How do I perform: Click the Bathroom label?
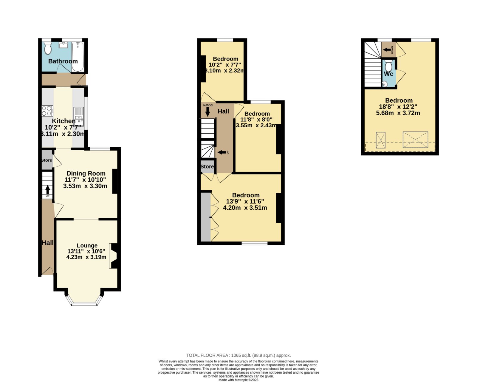[63, 61]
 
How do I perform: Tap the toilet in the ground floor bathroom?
[48, 48]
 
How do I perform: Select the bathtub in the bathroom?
[78, 57]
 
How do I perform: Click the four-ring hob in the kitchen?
[47, 111]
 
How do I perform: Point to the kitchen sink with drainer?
[79, 117]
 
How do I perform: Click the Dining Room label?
[86, 173]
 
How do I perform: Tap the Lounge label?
[87, 245]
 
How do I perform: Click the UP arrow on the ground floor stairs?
[47, 190]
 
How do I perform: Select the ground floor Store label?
[47, 160]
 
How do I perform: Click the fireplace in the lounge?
[114, 256]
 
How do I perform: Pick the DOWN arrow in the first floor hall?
[207, 112]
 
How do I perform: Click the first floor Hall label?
[223, 111]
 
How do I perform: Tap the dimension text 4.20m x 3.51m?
[245, 208]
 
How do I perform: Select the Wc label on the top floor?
[388, 74]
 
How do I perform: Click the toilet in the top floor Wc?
[388, 65]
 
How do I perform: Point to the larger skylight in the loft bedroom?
[415, 140]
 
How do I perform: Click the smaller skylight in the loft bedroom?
[381, 140]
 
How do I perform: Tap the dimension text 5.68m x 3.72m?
[398, 113]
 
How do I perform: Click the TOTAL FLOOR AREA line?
[238, 355]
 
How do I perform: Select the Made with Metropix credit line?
[238, 380]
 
